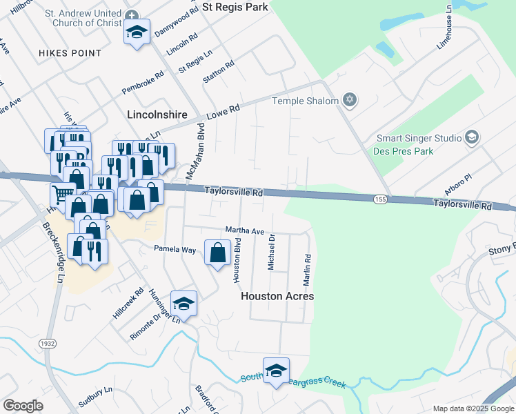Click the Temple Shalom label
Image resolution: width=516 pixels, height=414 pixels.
coord(305,101)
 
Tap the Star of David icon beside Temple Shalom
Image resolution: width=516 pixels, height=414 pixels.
coord(350,101)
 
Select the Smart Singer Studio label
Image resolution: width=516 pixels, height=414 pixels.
coord(418,138)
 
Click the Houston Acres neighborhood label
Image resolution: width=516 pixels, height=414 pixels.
coord(277,296)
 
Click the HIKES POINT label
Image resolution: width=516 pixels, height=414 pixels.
coord(70,53)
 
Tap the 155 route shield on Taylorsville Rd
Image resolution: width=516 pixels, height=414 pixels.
coord(380,199)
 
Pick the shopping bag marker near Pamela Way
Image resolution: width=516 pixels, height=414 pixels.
coord(218,253)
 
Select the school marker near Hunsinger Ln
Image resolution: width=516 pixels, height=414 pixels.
coord(183,304)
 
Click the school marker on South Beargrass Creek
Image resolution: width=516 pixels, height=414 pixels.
coord(276,371)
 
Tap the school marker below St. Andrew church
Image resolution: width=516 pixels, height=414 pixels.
coord(137,32)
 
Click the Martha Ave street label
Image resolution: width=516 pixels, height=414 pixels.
coord(245,230)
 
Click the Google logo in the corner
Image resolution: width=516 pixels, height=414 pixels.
coord(23,406)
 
